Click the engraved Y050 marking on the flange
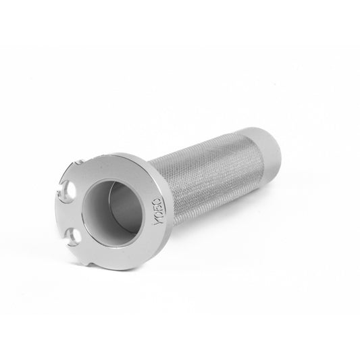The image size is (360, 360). pyautogui.click(x=158, y=211)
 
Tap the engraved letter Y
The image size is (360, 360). pyautogui.click(x=158, y=222)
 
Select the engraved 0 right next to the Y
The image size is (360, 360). pyautogui.click(x=158, y=215)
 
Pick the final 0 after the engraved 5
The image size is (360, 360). pyautogui.click(x=159, y=201)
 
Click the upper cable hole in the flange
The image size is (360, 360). pyautogui.click(x=69, y=190)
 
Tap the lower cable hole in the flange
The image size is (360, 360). pyautogui.click(x=75, y=236)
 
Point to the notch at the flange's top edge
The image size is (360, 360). pyautogui.click(x=78, y=163)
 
